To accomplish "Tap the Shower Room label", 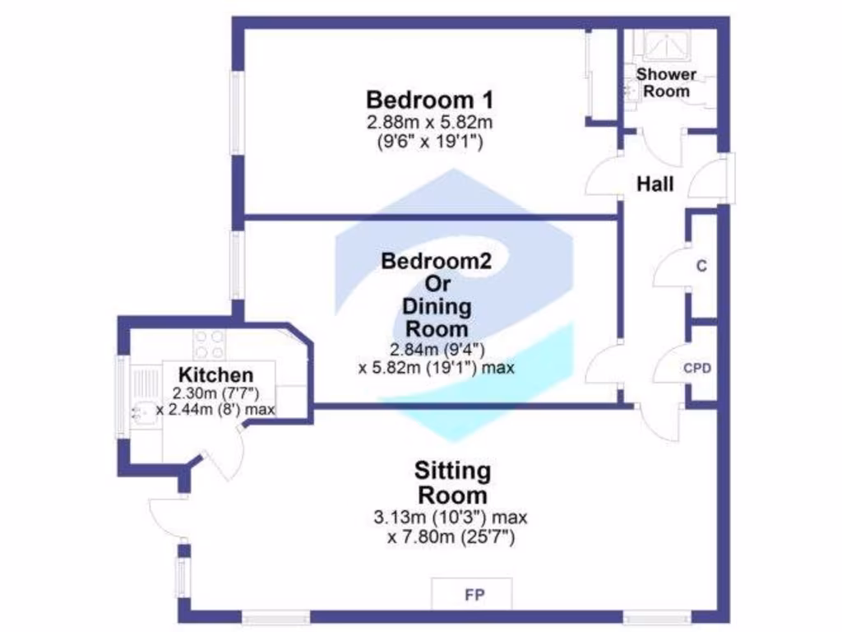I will tap(666, 82).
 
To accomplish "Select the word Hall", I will tap(655, 184).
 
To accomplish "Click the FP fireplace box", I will tap(472, 594).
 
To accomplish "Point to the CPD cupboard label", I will tap(697, 368).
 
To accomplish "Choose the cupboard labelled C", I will tap(701, 266).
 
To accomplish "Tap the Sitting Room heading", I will tap(452, 484).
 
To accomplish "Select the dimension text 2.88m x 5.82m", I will tap(429, 123).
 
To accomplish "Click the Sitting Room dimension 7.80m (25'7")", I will tap(451, 537).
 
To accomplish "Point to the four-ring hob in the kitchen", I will tap(209, 342).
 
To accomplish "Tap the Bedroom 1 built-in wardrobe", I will tap(600, 76).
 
